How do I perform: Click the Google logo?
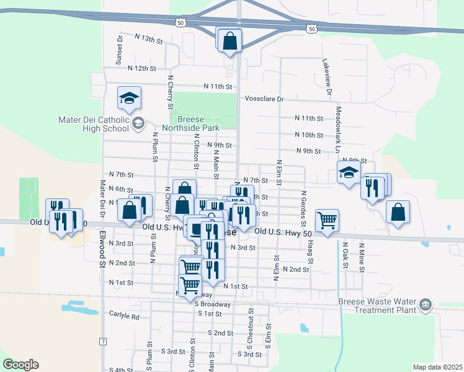(20, 365)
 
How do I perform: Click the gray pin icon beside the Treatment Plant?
(426, 304)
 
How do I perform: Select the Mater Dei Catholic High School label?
(92, 124)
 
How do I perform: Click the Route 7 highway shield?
(103, 342)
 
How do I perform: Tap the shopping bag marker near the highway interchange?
(230, 40)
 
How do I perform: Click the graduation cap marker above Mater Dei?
(129, 98)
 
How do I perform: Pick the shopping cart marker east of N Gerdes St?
(327, 219)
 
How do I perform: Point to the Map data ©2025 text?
(437, 367)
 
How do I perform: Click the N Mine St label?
(360, 255)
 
